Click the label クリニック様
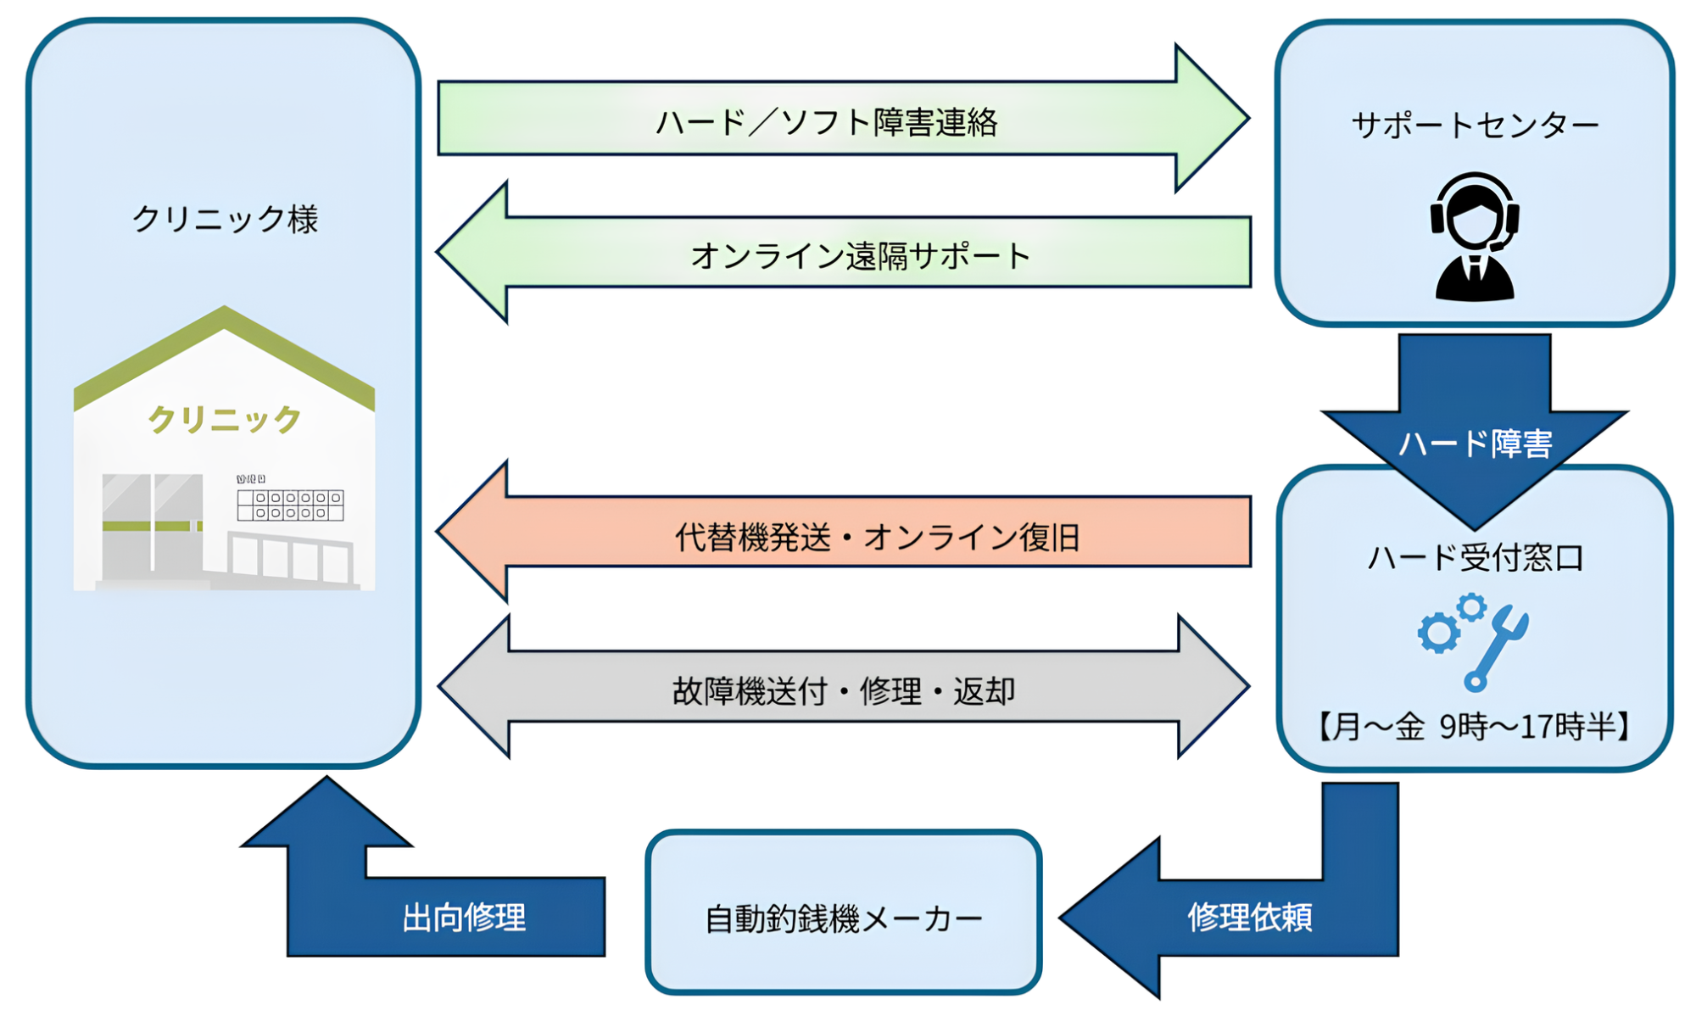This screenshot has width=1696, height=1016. pos(225,219)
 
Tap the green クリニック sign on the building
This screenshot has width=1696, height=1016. pos(225,419)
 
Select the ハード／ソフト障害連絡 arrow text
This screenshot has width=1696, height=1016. pos(827,122)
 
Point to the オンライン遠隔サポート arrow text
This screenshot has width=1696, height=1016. pos(860,255)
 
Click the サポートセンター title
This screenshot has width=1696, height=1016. pos(1475,126)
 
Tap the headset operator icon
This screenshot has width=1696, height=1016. pos(1475,237)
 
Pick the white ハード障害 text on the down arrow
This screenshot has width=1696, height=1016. pos(1475,444)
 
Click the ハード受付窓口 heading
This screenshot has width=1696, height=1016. pos(1475,557)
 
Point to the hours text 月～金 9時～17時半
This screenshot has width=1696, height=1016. pos(1475,727)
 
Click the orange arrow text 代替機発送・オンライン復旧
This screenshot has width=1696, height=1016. pos(877,537)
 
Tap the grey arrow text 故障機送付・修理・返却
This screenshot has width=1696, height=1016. pos(844,691)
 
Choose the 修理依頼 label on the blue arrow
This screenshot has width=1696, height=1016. pos(1249,917)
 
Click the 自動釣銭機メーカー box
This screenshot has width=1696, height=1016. pos(844,917)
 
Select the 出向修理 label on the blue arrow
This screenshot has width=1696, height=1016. pos(464,917)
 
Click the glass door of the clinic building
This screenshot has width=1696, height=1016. pos(153,526)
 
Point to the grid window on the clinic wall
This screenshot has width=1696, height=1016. pos(290,505)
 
